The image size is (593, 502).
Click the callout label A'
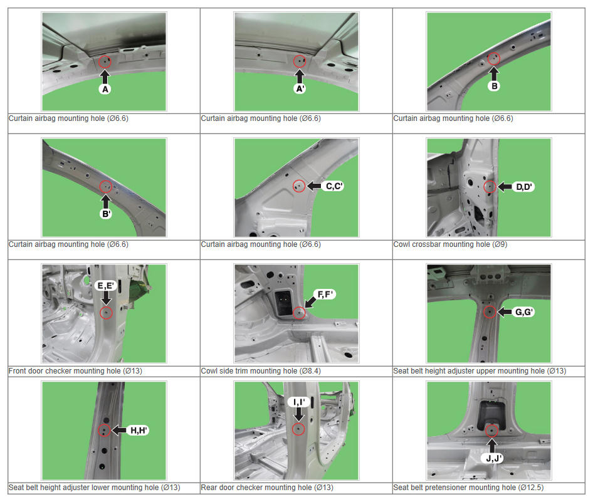click(x=300, y=89)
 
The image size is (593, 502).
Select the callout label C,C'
click(x=334, y=186)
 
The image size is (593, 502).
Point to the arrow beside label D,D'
click(x=505, y=187)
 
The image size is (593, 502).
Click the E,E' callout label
click(x=105, y=285)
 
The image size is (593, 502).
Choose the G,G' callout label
click(x=524, y=312)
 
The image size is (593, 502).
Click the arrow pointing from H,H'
click(x=119, y=430)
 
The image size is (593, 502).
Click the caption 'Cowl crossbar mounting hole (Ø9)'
click(x=450, y=244)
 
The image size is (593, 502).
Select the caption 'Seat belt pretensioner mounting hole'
click(x=454, y=488)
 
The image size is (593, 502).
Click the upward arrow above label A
click(x=105, y=76)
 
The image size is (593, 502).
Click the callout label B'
click(x=107, y=214)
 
